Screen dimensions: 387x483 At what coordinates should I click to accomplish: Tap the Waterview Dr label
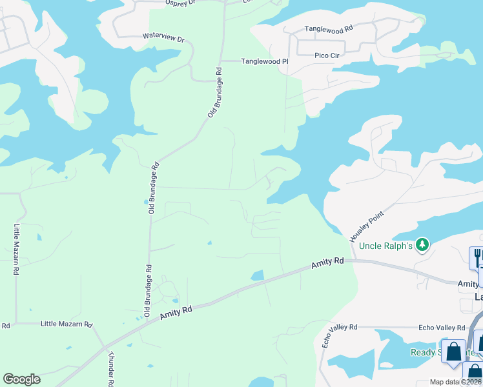tap(163, 38)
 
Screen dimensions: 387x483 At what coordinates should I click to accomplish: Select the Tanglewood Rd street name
tap(329, 29)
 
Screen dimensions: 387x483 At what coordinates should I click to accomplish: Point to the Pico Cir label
tap(327, 55)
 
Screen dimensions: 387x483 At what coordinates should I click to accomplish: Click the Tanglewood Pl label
tap(263, 61)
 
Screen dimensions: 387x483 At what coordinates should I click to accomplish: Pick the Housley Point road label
tap(367, 226)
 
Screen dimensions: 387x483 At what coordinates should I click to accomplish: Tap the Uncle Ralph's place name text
tap(385, 246)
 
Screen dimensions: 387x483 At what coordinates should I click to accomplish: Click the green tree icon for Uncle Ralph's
tap(422, 244)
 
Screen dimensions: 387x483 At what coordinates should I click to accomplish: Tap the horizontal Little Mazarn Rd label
tap(67, 324)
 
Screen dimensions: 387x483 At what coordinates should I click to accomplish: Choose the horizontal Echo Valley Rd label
tap(442, 328)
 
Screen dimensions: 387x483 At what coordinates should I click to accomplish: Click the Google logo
tap(21, 379)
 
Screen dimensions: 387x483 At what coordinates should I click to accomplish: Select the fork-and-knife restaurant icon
tap(477, 258)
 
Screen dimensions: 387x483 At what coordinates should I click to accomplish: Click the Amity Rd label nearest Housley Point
tap(327, 263)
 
